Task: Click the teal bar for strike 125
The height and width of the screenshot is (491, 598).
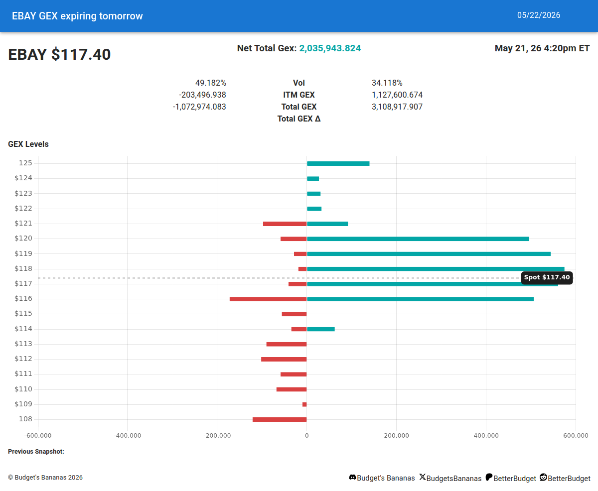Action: tap(338, 163)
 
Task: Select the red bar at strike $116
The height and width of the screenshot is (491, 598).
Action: tap(268, 299)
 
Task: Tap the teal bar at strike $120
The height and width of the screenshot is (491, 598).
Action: tap(418, 239)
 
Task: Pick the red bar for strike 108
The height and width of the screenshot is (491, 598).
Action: tap(280, 419)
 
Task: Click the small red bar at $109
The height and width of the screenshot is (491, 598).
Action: tap(304, 404)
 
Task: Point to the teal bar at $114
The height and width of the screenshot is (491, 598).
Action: tap(321, 329)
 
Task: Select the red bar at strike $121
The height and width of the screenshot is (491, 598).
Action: tap(285, 224)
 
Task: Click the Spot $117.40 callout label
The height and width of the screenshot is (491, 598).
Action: tap(547, 277)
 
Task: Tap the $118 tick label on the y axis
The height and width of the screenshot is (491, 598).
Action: tap(23, 268)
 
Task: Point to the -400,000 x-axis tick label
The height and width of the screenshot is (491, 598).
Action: tap(127, 435)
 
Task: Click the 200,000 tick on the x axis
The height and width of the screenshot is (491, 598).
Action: tap(396, 435)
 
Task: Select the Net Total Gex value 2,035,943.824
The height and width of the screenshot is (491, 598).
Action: tap(330, 48)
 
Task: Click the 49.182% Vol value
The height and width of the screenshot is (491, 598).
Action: tap(211, 83)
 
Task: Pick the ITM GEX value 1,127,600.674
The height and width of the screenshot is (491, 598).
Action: tap(397, 95)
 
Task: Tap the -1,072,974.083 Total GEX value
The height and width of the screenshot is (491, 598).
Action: tap(199, 107)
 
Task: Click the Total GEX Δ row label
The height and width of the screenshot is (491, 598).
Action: tap(299, 119)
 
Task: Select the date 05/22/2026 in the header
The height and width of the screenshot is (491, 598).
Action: tap(539, 15)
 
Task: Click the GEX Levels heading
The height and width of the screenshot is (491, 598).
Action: tap(28, 144)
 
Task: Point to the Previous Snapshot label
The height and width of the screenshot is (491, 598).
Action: tap(36, 451)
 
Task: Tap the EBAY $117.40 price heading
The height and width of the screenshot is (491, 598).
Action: tap(59, 54)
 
